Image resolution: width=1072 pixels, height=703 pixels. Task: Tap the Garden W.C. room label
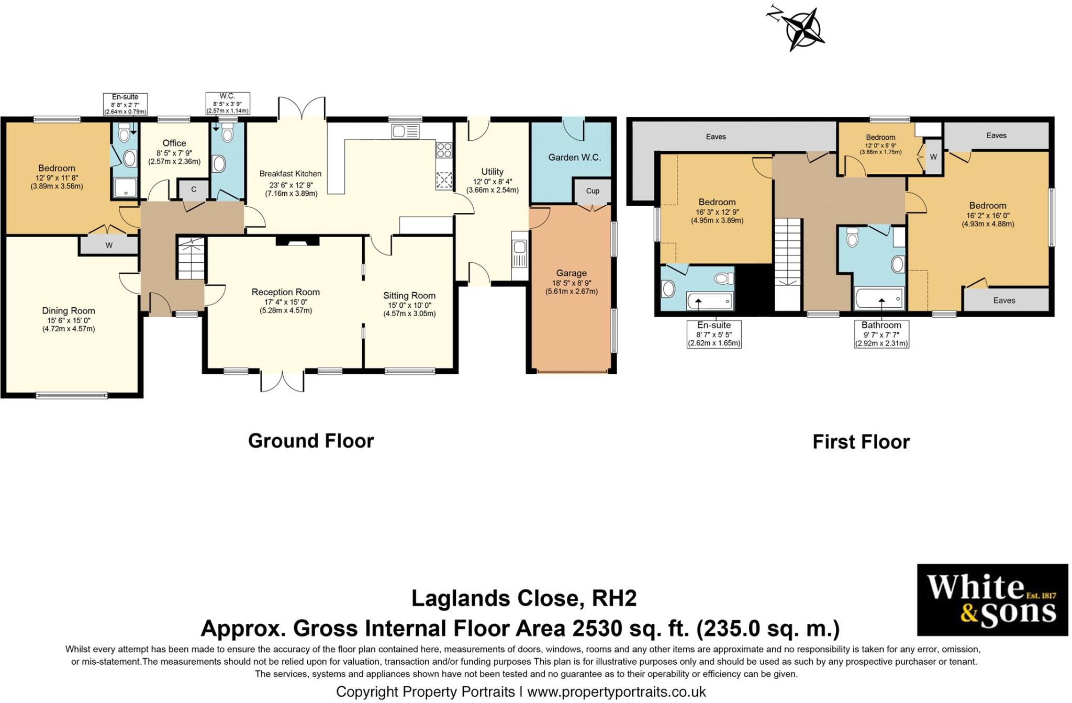(x=574, y=157)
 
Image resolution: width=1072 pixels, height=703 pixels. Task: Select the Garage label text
(x=571, y=273)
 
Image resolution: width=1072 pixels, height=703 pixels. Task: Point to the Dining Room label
(x=69, y=310)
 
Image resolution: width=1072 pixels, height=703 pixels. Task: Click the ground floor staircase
(x=191, y=258)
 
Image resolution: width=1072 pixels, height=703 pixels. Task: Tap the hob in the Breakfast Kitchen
(x=444, y=150)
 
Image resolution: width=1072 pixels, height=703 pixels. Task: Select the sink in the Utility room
(x=519, y=255)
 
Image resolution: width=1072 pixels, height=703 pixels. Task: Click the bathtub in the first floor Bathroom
(x=879, y=299)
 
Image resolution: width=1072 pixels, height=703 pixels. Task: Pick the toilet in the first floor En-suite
(x=724, y=277)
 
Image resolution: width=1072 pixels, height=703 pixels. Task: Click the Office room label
(x=174, y=143)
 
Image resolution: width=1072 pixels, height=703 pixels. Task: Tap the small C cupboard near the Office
(x=194, y=189)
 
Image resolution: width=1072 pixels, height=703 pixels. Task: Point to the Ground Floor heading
(x=311, y=441)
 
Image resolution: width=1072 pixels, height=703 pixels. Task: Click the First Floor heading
(x=861, y=442)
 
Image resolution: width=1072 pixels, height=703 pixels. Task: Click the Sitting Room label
(x=409, y=295)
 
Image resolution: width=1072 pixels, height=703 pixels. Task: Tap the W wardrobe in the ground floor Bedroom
(x=109, y=245)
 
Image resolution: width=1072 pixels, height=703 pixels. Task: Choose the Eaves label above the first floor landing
(x=716, y=137)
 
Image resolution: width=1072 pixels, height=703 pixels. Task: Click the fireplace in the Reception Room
(x=297, y=241)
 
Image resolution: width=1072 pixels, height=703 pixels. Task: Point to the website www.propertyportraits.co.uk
(x=617, y=692)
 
